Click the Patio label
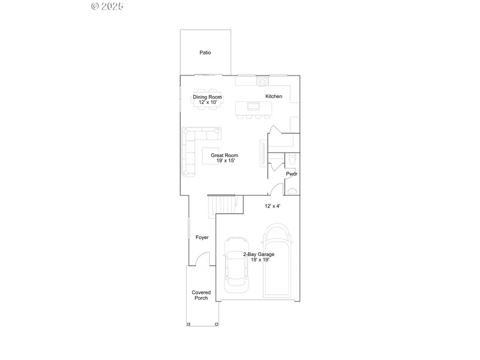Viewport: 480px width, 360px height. [205, 53]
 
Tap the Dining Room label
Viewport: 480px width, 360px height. [207, 97]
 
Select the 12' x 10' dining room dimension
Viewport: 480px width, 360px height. [207, 102]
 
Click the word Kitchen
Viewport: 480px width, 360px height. [274, 96]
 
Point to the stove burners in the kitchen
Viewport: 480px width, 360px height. [263, 81]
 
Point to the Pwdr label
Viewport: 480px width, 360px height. [291, 174]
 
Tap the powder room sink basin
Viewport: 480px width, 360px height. [292, 191]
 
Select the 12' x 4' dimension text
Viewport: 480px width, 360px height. [273, 206]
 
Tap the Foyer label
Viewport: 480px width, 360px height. [202, 237]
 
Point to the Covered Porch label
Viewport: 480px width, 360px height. [202, 295]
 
